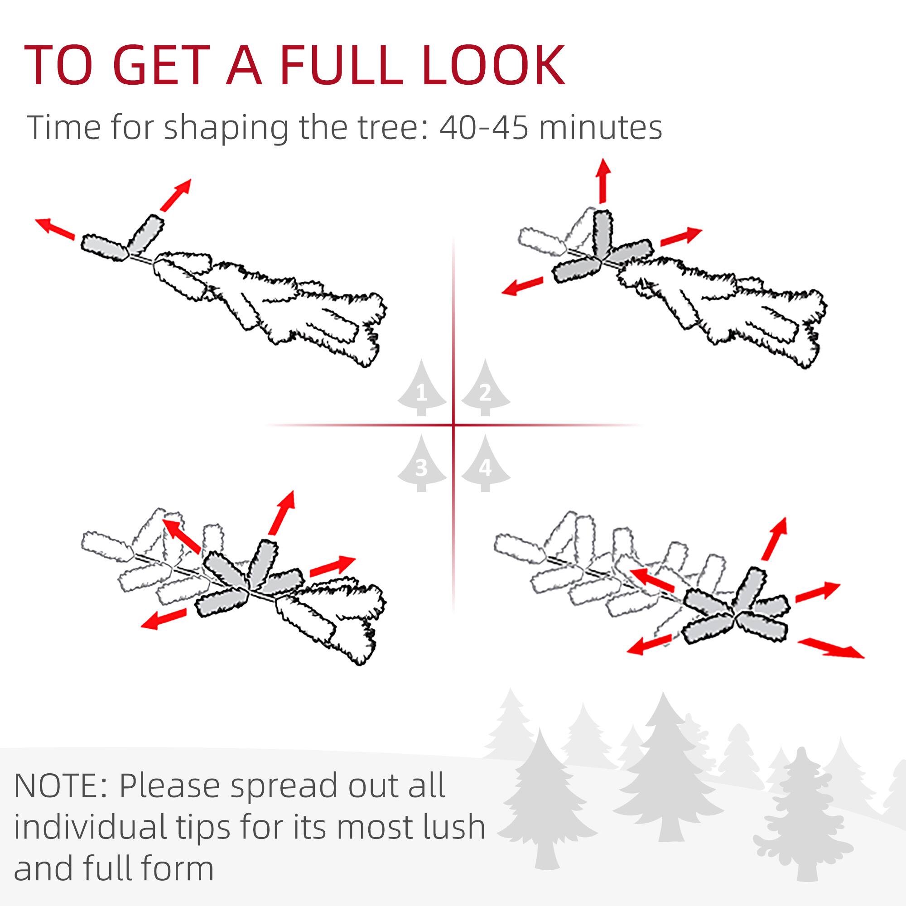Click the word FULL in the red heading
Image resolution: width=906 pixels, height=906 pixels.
tap(341, 66)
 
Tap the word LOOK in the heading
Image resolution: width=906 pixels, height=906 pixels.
tap(493, 66)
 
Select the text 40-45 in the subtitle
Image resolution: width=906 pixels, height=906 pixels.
tap(482, 127)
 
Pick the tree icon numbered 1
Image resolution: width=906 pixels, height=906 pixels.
tap(422, 389)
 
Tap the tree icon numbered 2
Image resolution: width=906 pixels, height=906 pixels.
tap(485, 389)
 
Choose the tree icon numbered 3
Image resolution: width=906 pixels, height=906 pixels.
tap(422, 464)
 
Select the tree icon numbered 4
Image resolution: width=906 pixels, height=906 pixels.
tap(485, 464)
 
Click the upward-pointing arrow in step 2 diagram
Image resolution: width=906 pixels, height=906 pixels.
tap(603, 181)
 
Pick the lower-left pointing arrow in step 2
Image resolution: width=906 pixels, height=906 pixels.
tap(522, 286)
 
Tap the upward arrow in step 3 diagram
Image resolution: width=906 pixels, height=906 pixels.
tap(282, 513)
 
